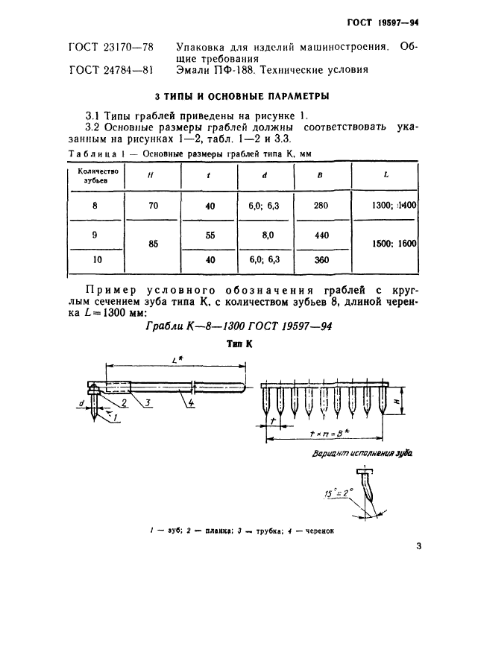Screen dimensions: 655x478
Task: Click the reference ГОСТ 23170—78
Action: coord(111,47)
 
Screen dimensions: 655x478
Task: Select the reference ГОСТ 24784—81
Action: coord(111,71)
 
